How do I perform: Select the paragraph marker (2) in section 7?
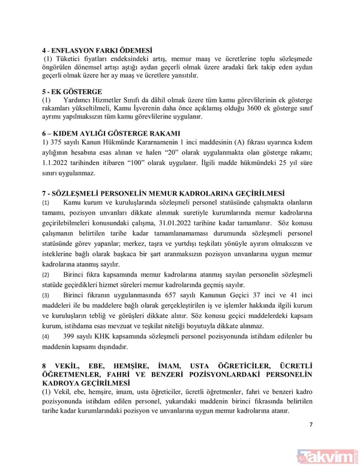click(x=46, y=274)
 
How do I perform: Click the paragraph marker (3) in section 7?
click(x=46, y=296)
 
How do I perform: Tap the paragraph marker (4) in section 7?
click(x=46, y=336)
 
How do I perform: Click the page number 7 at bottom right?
click(x=311, y=425)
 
